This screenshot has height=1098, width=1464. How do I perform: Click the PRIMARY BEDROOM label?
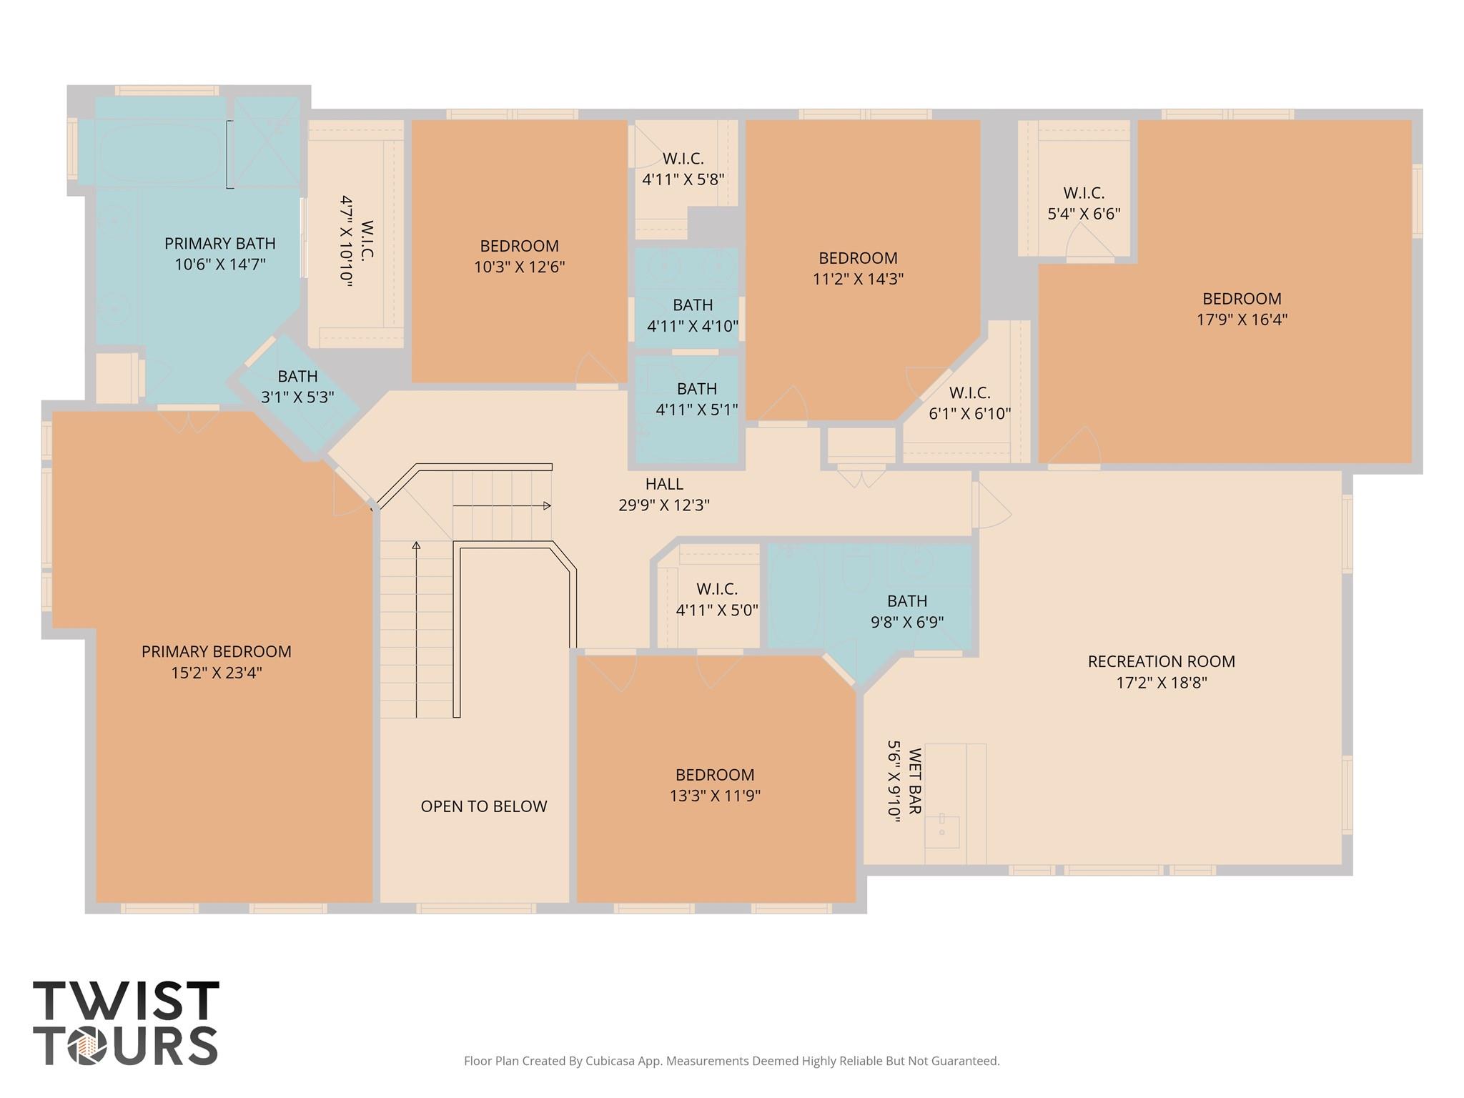click(x=216, y=651)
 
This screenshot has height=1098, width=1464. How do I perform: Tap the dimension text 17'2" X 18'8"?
click(x=1161, y=683)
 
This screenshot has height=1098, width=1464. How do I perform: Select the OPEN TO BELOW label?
click(x=483, y=806)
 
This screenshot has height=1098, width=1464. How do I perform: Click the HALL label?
click(x=664, y=484)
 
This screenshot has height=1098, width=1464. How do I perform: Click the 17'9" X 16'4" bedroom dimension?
click(x=1242, y=320)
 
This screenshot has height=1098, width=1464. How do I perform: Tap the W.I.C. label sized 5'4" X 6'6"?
click(x=1084, y=193)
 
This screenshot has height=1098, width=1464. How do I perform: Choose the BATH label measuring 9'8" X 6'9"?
click(x=906, y=601)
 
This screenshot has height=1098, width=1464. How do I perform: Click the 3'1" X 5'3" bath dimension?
click(x=297, y=397)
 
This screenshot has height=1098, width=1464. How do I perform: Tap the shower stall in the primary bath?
click(x=267, y=142)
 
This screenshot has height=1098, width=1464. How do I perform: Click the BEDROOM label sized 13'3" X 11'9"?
click(x=715, y=775)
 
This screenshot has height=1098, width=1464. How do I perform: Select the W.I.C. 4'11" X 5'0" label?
click(x=717, y=589)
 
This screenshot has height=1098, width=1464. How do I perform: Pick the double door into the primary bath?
click(x=189, y=420)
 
